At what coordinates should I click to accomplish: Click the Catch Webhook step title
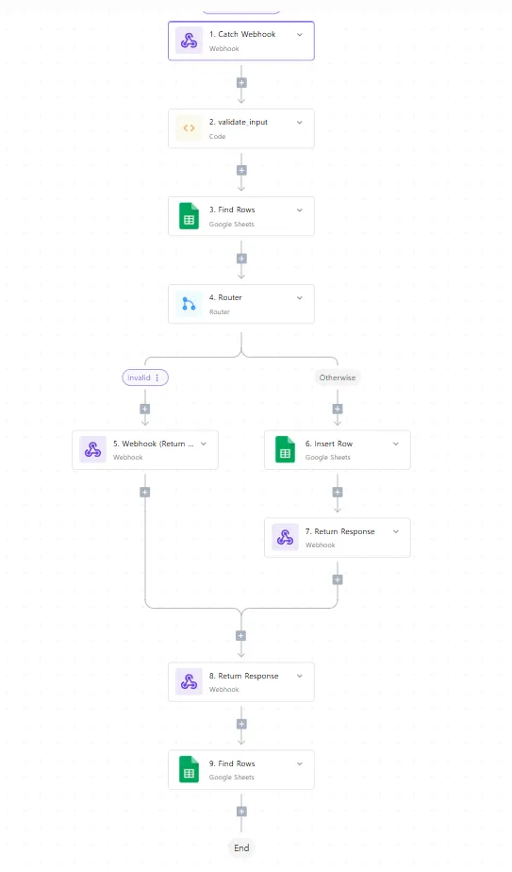pos(242,34)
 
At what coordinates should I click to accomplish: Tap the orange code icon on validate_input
pos(189,128)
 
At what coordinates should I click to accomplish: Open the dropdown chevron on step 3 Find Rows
pos(300,210)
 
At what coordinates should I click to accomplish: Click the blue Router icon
pos(189,304)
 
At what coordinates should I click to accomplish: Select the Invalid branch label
pos(139,377)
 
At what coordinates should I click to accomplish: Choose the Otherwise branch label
pos(338,377)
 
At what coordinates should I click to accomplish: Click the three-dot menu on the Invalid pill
pos(157,377)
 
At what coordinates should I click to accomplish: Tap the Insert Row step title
pos(329,444)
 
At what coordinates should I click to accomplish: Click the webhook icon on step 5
pos(92,449)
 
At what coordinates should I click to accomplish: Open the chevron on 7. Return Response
pos(396,531)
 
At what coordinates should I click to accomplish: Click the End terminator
pos(241,848)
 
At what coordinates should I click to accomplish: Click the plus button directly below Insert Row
pos(338,493)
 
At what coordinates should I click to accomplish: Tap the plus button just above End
pos(241,812)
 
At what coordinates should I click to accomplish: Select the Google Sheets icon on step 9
pos(189,769)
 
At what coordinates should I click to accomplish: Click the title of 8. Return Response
pos(244,676)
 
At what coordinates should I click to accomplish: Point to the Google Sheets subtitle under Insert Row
pos(328,457)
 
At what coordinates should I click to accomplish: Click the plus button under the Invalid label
pos(145,409)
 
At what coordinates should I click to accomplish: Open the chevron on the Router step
pos(300,298)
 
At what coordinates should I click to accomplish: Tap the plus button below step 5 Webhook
pos(145,493)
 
